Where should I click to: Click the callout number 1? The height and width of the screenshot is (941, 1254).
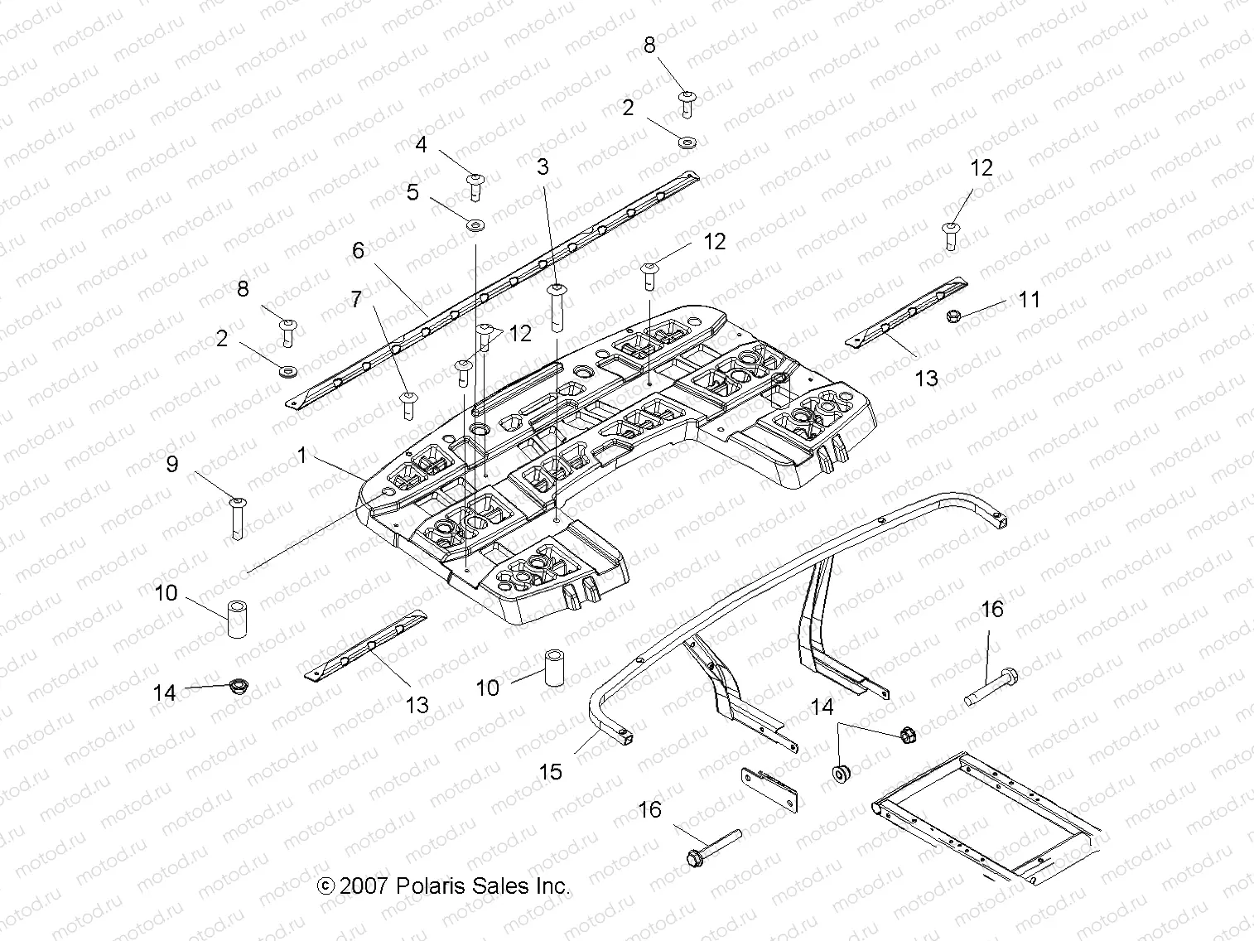pyautogui.click(x=302, y=455)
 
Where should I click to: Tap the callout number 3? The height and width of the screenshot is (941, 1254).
pyautogui.click(x=543, y=166)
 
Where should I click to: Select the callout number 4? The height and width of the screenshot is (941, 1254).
pyautogui.click(x=445, y=144)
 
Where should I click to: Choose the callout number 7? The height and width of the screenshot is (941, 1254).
pyautogui.click(x=356, y=299)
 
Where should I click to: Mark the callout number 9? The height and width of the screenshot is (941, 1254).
pyautogui.click(x=172, y=463)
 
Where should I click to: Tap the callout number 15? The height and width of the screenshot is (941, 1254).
pyautogui.click(x=550, y=771)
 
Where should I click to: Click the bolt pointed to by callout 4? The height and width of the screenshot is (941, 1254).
pyautogui.click(x=476, y=186)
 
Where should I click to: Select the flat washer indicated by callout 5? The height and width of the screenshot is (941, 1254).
pyautogui.click(x=475, y=224)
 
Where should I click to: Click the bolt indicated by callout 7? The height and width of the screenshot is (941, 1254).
pyautogui.click(x=407, y=404)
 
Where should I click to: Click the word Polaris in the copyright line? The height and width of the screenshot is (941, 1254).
pyautogui.click(x=429, y=886)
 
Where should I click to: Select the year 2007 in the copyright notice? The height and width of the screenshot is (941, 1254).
pyautogui.click(x=364, y=886)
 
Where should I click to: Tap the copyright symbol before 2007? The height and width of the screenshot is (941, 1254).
pyautogui.click(x=326, y=886)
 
